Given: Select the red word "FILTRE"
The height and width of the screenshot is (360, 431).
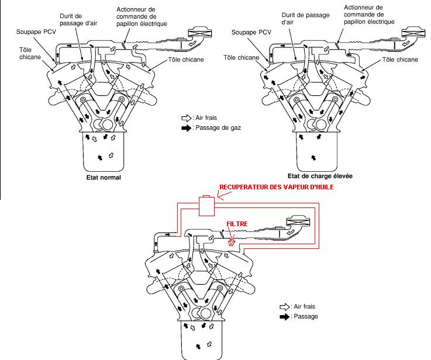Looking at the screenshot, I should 237,223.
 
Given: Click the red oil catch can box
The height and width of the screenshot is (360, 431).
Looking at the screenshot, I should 207,206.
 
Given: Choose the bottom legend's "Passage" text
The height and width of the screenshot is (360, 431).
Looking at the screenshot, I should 306,317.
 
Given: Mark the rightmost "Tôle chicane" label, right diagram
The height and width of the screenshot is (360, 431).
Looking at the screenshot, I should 400,60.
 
